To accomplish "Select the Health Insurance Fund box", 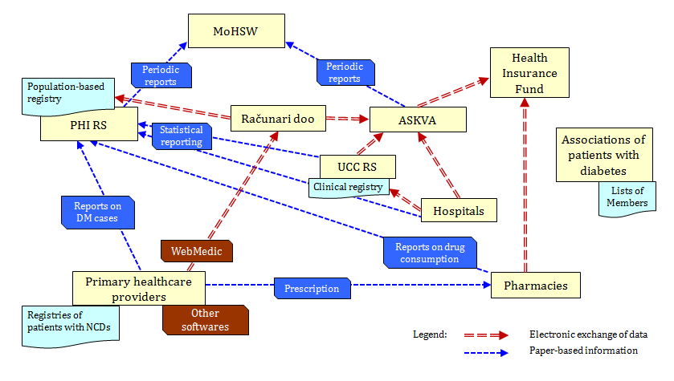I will [x=529, y=73].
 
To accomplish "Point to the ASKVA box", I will [x=418, y=120].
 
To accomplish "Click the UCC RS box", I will [x=357, y=167].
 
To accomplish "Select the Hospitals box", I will [x=459, y=210].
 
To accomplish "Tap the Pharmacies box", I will [x=536, y=285].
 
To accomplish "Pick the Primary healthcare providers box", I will [x=139, y=287].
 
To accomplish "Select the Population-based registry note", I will [x=67, y=95].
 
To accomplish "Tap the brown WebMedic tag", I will [x=197, y=251].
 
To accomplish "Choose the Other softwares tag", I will [x=205, y=319].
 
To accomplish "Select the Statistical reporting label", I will [x=182, y=136].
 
